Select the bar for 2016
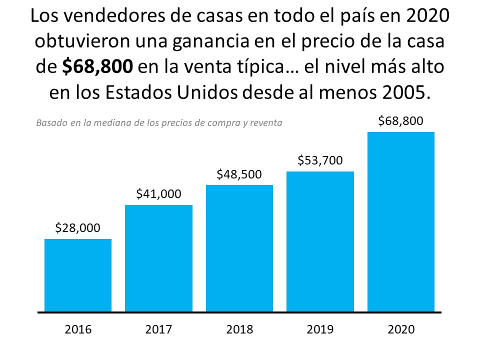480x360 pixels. click(x=78, y=275)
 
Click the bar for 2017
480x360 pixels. click(x=158, y=258)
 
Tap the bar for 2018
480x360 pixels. click(x=239, y=248)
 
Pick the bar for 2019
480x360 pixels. click(x=320, y=242)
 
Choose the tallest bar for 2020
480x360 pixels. click(x=401, y=222)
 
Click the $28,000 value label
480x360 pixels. click(x=77, y=228)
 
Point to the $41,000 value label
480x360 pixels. click(x=158, y=194)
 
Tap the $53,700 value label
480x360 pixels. click(x=320, y=160)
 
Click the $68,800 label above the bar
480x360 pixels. click(x=400, y=120)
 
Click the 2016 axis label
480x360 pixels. click(x=78, y=329)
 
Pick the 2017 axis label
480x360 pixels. click(x=158, y=329)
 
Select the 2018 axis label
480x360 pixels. click(x=239, y=329)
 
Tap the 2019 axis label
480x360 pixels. click(x=320, y=329)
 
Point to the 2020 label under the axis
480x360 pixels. click(x=401, y=329)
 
